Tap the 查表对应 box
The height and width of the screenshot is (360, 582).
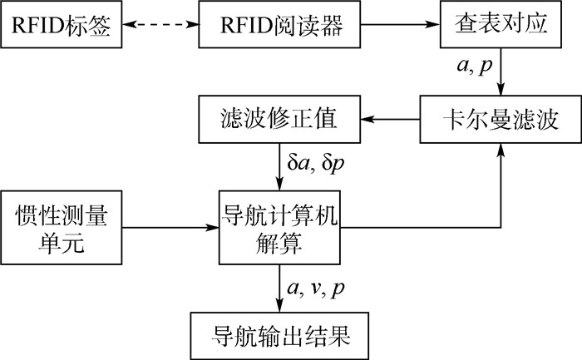tap(501, 28)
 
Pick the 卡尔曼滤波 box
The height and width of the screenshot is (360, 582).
tap(501, 121)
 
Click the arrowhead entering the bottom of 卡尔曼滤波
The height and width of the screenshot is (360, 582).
tap(501, 150)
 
